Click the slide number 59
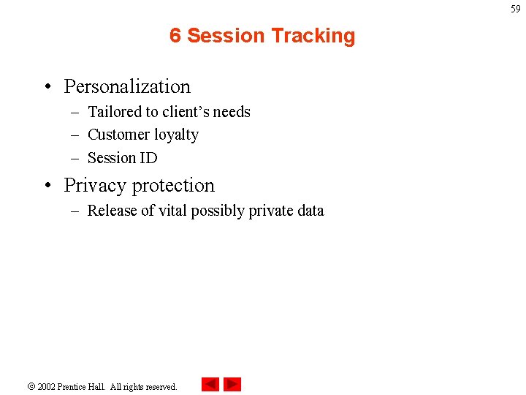pyautogui.click(x=516, y=9)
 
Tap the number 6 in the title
pyautogui.click(x=175, y=36)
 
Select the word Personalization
pyautogui.click(x=127, y=86)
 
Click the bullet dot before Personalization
pyautogui.click(x=46, y=87)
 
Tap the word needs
pyautogui.click(x=232, y=112)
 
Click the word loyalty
pyautogui.click(x=176, y=135)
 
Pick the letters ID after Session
pyautogui.click(x=148, y=157)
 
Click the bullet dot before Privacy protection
pyautogui.click(x=46, y=186)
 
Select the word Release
pyautogui.click(x=112, y=211)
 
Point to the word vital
pyautogui.click(x=172, y=211)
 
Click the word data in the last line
pyautogui.click(x=309, y=211)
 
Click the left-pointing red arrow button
pyautogui.click(x=210, y=384)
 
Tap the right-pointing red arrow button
pyautogui.click(x=232, y=384)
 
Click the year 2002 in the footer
pyautogui.click(x=47, y=386)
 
